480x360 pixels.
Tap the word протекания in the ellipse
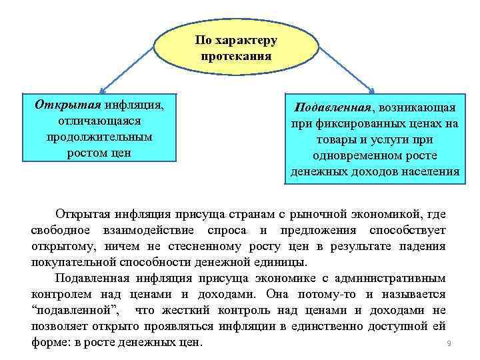click(x=236, y=56)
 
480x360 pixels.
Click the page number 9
click(x=449, y=344)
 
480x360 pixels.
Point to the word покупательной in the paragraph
click(x=72, y=262)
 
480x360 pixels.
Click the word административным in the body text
click(x=393, y=278)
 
